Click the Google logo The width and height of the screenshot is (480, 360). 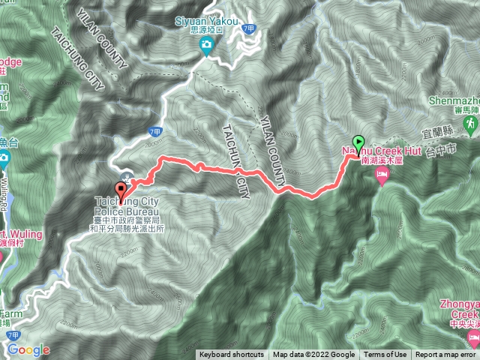(x=28, y=349)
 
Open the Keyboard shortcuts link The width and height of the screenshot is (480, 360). (x=231, y=355)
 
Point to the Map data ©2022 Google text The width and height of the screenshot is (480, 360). (x=313, y=355)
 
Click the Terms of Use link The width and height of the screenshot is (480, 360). (x=385, y=355)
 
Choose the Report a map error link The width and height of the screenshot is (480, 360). (x=445, y=355)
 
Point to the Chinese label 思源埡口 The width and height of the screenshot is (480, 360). (x=206, y=34)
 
